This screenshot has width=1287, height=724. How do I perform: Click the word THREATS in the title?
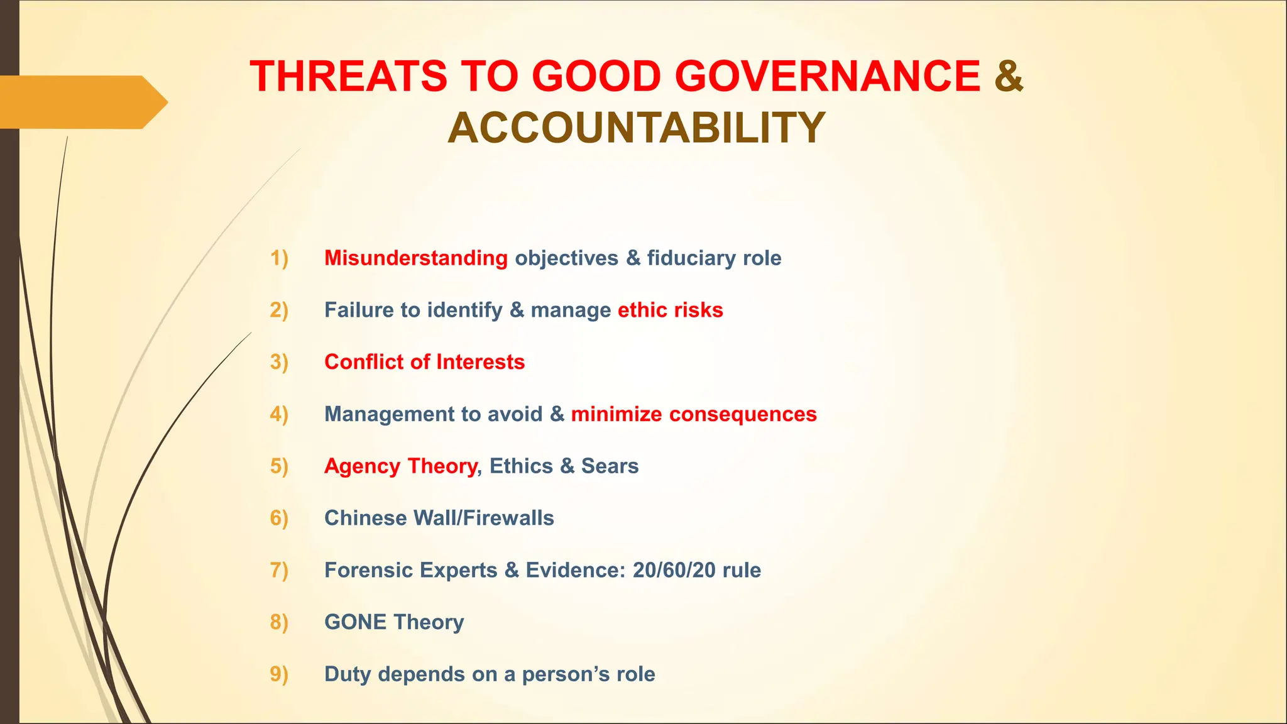348,77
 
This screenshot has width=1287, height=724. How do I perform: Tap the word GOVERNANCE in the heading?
828,77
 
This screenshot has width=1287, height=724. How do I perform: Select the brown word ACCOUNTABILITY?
636,128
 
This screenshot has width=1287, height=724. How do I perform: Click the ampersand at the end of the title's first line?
1009,77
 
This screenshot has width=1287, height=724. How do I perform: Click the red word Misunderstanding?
415,258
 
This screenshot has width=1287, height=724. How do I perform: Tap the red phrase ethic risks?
670,310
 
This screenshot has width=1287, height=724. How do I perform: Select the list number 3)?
279,363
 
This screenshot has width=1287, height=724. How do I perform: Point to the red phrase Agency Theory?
400,466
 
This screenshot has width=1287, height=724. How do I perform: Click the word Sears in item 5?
610,466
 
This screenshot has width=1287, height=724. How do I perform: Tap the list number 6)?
279,518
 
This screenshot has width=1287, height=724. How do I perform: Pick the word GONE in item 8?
355,622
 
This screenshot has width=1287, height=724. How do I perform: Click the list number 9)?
279,674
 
